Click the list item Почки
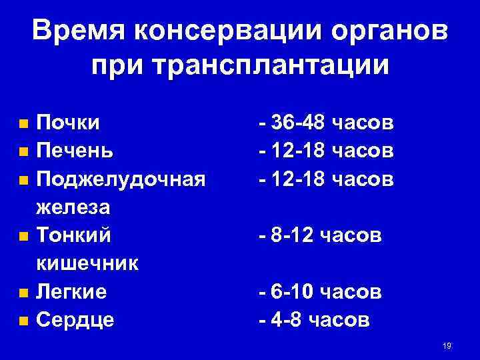pos(69,123)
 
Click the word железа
pos(73,207)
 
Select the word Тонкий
pos(74,235)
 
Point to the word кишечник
pos(87,263)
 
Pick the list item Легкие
pos(71,292)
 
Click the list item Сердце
pos(75,320)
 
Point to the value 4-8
pos(285,320)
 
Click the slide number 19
pos(447,345)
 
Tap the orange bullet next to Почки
pos(23,124)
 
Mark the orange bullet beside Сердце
pos(23,321)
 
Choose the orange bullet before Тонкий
pos(23,236)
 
